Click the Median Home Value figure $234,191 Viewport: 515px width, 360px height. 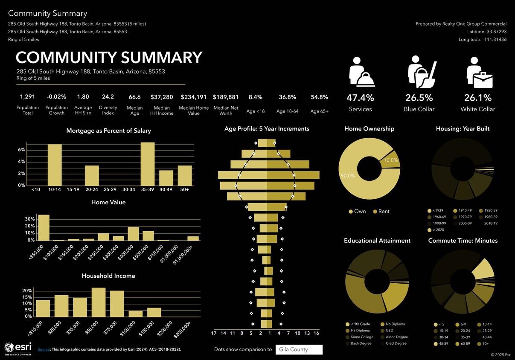tap(194, 97)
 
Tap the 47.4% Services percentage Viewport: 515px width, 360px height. tap(360, 98)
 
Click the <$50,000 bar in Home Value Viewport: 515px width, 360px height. tap(44, 227)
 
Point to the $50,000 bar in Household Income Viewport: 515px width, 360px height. tap(99, 302)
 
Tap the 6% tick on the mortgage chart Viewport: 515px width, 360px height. tap(21, 150)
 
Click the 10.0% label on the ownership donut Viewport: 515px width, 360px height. tap(391, 160)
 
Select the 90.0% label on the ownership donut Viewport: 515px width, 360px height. tap(348, 176)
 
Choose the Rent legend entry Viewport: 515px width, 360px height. tap(381, 212)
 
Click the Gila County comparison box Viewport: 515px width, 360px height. tap(299, 350)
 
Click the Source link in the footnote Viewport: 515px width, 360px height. tap(44, 349)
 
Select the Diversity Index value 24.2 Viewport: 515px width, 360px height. tap(108, 97)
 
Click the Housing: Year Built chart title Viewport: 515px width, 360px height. tap(463, 129)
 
